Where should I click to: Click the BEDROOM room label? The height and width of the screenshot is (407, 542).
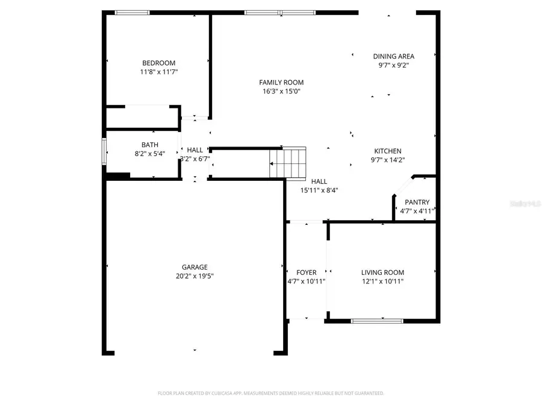click(158, 63)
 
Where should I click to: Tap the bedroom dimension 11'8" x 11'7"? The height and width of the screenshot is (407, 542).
click(158, 72)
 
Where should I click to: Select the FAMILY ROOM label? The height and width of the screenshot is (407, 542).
click(281, 83)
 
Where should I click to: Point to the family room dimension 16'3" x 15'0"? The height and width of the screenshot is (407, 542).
click(281, 92)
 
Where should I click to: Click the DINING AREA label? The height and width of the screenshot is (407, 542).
click(393, 57)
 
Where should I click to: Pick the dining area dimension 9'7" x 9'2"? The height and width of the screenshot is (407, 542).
click(393, 65)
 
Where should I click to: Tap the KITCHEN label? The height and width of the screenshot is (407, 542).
click(388, 151)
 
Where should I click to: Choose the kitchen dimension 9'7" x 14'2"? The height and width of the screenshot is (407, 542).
click(388, 160)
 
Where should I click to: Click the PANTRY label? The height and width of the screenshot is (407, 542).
click(417, 203)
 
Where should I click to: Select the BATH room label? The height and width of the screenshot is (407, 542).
click(150, 145)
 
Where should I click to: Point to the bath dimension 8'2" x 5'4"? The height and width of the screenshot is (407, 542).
click(150, 153)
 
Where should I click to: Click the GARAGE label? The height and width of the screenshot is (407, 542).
click(195, 267)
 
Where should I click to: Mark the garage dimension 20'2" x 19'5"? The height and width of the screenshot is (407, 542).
click(195, 276)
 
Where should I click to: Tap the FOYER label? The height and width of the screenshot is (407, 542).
click(307, 273)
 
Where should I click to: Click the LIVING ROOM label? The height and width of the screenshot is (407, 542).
click(382, 273)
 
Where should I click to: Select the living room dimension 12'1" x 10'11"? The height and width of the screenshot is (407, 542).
click(382, 281)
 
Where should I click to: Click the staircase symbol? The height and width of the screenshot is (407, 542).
click(288, 163)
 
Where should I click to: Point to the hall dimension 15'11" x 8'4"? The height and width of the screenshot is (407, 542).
click(319, 190)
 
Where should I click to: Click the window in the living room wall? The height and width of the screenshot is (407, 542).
click(378, 321)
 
